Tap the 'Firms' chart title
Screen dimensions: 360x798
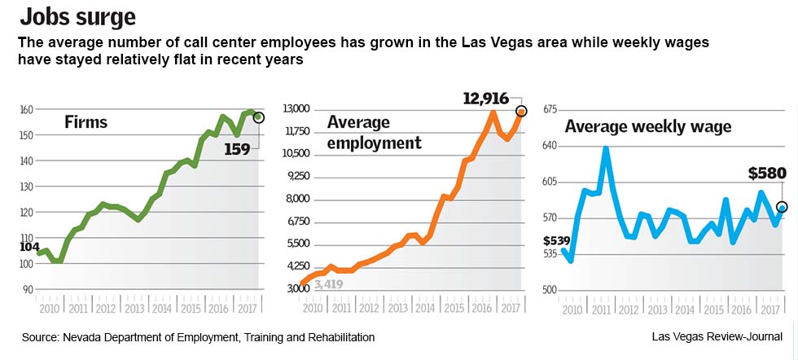pyautogui.click(x=86, y=123)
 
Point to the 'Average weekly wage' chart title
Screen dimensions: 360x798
pyautogui.click(x=648, y=126)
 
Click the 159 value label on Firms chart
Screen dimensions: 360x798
pyautogui.click(x=237, y=149)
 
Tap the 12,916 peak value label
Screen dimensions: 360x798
pyautogui.click(x=486, y=99)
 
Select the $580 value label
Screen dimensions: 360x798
pyautogui.click(x=766, y=173)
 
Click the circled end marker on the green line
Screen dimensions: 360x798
pyautogui.click(x=259, y=118)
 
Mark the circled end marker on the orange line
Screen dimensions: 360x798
pyautogui.click(x=521, y=111)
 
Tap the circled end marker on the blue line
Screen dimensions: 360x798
pyautogui.click(x=782, y=207)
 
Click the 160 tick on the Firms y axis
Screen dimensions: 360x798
pyautogui.click(x=27, y=109)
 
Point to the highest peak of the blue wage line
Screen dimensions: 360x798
pyautogui.click(x=605, y=148)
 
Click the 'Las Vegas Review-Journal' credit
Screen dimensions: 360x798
pyautogui.click(x=717, y=336)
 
